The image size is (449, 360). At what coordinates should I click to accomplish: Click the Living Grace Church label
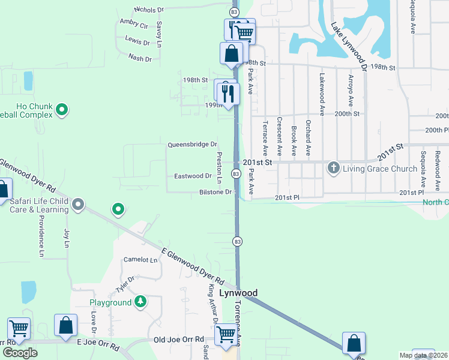point(379,169)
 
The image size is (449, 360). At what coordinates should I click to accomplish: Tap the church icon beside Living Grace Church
point(334,168)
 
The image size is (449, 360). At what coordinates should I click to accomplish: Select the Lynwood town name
point(238,293)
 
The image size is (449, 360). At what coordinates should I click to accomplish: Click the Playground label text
point(110,302)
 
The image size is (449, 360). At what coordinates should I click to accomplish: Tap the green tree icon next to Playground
point(140,301)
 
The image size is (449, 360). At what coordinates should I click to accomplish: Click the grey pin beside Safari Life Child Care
point(78,206)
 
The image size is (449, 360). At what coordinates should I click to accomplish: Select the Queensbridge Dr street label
point(192,145)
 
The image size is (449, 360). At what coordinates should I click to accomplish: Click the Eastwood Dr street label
point(193,176)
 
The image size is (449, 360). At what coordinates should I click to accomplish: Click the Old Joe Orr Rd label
point(179,340)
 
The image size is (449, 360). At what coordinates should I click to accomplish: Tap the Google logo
point(20,352)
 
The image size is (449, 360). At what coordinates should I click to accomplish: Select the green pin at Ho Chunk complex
point(62,110)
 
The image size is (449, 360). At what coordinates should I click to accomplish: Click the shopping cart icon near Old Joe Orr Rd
point(226,334)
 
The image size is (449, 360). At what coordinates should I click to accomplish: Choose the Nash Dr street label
point(140,58)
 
